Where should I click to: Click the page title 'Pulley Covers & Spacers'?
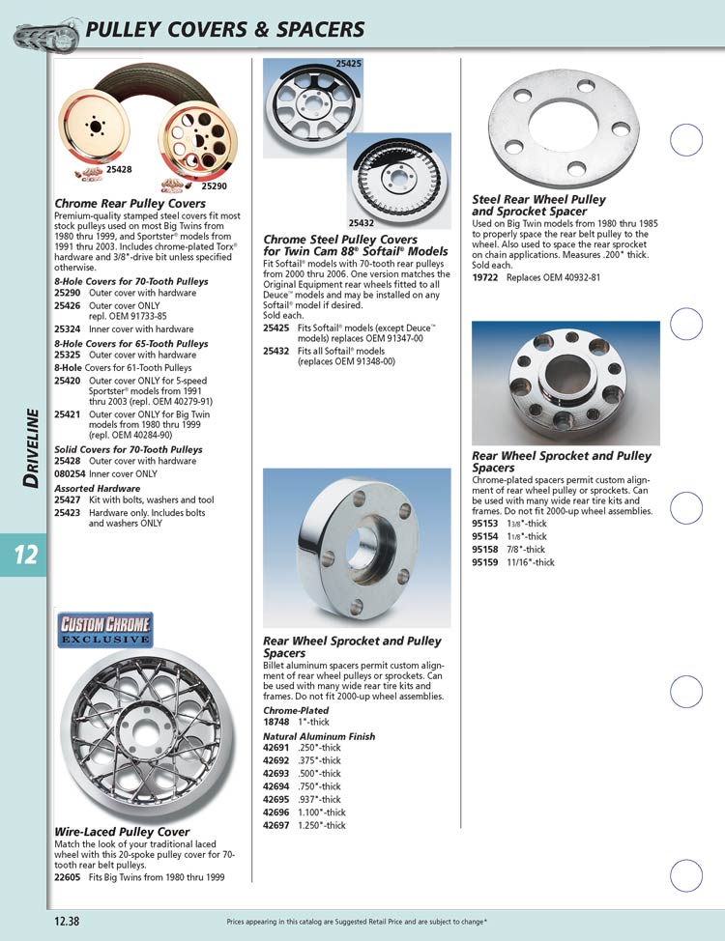click(224, 30)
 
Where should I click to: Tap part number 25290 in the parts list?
click(67, 292)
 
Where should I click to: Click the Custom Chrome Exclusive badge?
click(106, 630)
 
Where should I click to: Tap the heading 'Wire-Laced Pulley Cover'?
click(122, 832)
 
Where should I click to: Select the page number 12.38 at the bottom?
click(67, 921)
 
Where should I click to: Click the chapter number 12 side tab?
click(24, 555)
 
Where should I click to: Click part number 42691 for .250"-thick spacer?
click(276, 749)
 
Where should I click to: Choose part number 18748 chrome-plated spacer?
click(276, 722)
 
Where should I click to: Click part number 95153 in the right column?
click(485, 524)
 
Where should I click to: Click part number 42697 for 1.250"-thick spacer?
click(276, 826)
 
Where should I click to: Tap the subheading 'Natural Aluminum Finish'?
click(318, 736)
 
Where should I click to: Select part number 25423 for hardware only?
click(67, 512)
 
